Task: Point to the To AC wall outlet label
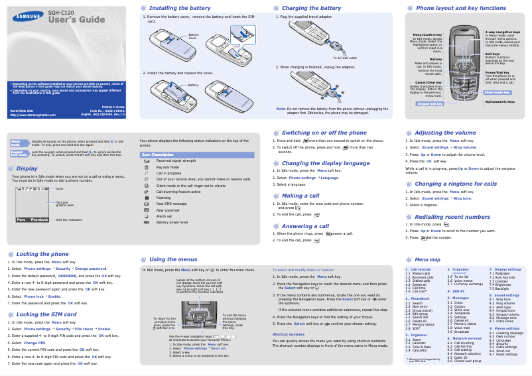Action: point(351,58)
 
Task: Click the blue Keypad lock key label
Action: point(429,103)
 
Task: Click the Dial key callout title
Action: point(435,58)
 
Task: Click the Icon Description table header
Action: point(158,155)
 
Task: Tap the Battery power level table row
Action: point(172,222)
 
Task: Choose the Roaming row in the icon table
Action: point(163,197)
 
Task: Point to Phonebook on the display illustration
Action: point(39,219)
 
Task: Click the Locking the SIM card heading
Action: point(46,314)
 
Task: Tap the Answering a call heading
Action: point(310,226)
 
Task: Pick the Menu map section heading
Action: point(427,259)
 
